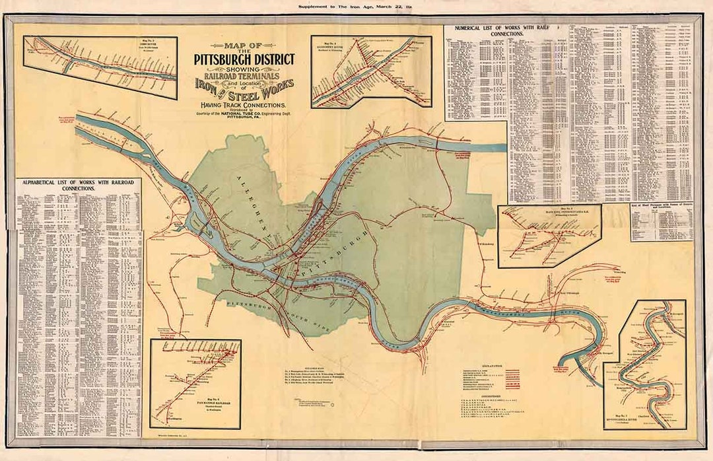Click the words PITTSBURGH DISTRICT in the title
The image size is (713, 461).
pyautogui.click(x=244, y=59)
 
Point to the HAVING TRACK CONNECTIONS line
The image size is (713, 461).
pyautogui.click(x=244, y=105)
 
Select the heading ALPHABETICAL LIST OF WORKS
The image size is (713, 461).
pyautogui.click(x=78, y=184)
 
